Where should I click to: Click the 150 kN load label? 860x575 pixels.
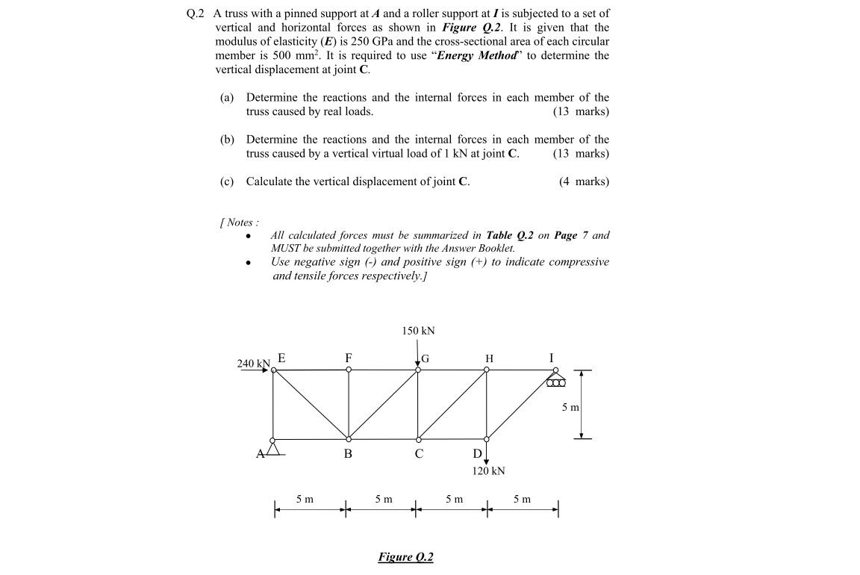pyautogui.click(x=418, y=331)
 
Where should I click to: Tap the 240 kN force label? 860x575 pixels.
pyautogui.click(x=253, y=364)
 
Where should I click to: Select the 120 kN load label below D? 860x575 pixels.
pyautogui.click(x=488, y=471)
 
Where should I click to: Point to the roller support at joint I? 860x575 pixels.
pyautogui.click(x=556, y=382)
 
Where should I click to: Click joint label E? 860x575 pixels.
pyautogui.click(x=281, y=358)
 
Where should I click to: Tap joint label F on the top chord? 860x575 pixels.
pyautogui.click(x=348, y=358)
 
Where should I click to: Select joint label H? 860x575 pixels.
pyautogui.click(x=489, y=359)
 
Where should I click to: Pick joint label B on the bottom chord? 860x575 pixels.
pyautogui.click(x=348, y=453)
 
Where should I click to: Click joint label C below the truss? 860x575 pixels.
pyautogui.click(x=419, y=453)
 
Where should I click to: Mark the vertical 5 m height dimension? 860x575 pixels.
pyautogui.click(x=570, y=408)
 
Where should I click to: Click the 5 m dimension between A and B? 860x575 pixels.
pyautogui.click(x=305, y=499)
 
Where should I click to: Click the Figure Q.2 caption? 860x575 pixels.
pyautogui.click(x=405, y=557)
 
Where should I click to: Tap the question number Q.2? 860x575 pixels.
pyautogui.click(x=194, y=13)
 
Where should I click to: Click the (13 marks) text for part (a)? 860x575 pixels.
pyautogui.click(x=581, y=112)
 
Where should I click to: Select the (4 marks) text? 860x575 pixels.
pyautogui.click(x=584, y=181)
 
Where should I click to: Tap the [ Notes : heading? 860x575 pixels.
pyautogui.click(x=239, y=223)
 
